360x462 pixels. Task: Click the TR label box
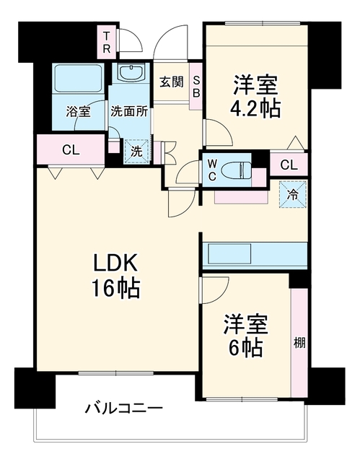pyautogui.click(x=107, y=42)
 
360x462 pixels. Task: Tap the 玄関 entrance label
pyautogui.click(x=172, y=82)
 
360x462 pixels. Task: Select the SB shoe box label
pyautogui.click(x=196, y=87)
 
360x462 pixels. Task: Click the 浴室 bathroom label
pyautogui.click(x=78, y=112)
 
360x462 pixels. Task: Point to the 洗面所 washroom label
pyautogui.click(x=129, y=112)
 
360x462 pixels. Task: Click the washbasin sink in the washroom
pyautogui.click(x=130, y=72)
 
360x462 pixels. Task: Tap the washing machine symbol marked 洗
pyautogui.click(x=136, y=152)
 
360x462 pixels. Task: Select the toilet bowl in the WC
pyautogui.click(x=235, y=170)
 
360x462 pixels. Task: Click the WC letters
pyautogui.click(x=212, y=170)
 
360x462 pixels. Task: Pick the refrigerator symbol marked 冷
pyautogui.click(x=293, y=194)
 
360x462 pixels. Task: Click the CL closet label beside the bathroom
pyautogui.click(x=71, y=150)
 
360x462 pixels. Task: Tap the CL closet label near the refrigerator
pyautogui.click(x=289, y=165)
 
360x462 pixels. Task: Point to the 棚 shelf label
pyautogui.click(x=299, y=343)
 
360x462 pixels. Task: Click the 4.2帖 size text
pyautogui.click(x=255, y=109)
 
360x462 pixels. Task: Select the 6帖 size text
pyautogui.click(x=245, y=347)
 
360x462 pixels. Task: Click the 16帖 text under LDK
pyautogui.click(x=115, y=289)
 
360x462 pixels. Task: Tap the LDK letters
pyautogui.click(x=115, y=263)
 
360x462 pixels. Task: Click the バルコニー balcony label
pyautogui.click(x=124, y=408)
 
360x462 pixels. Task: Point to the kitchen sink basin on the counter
pyautogui.click(x=229, y=253)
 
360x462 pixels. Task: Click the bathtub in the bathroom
pyautogui.click(x=79, y=79)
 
